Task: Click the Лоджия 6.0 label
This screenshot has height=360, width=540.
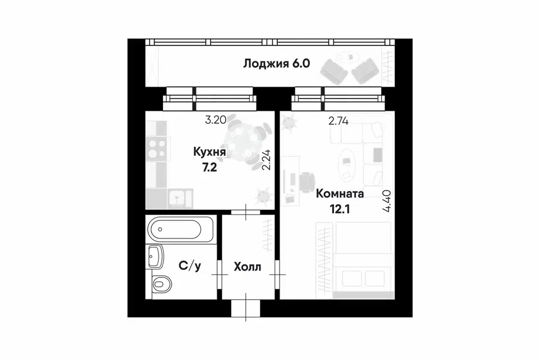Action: point(277,64)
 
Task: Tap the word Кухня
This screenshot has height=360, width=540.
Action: point(209,152)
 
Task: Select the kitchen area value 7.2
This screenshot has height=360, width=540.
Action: point(209,168)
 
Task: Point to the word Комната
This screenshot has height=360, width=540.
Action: point(340,193)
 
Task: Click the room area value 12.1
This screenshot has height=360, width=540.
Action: point(340,209)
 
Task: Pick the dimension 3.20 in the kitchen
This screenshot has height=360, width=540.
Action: point(215,120)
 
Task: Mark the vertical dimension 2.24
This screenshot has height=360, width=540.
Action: point(267,160)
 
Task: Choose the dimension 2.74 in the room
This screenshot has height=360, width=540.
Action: point(338,121)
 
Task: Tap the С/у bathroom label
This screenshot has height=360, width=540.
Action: point(190,266)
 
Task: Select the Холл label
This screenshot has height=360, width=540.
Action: point(247,267)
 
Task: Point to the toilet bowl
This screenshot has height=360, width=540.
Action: point(161,283)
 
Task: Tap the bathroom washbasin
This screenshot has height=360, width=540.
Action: point(156,256)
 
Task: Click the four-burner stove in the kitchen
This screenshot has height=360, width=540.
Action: point(157,149)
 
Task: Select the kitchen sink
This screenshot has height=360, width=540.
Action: point(180,199)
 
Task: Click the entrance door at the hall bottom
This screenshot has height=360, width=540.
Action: point(246,308)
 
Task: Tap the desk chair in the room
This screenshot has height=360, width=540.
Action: point(307,181)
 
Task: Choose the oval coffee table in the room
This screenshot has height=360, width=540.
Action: point(348,164)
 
